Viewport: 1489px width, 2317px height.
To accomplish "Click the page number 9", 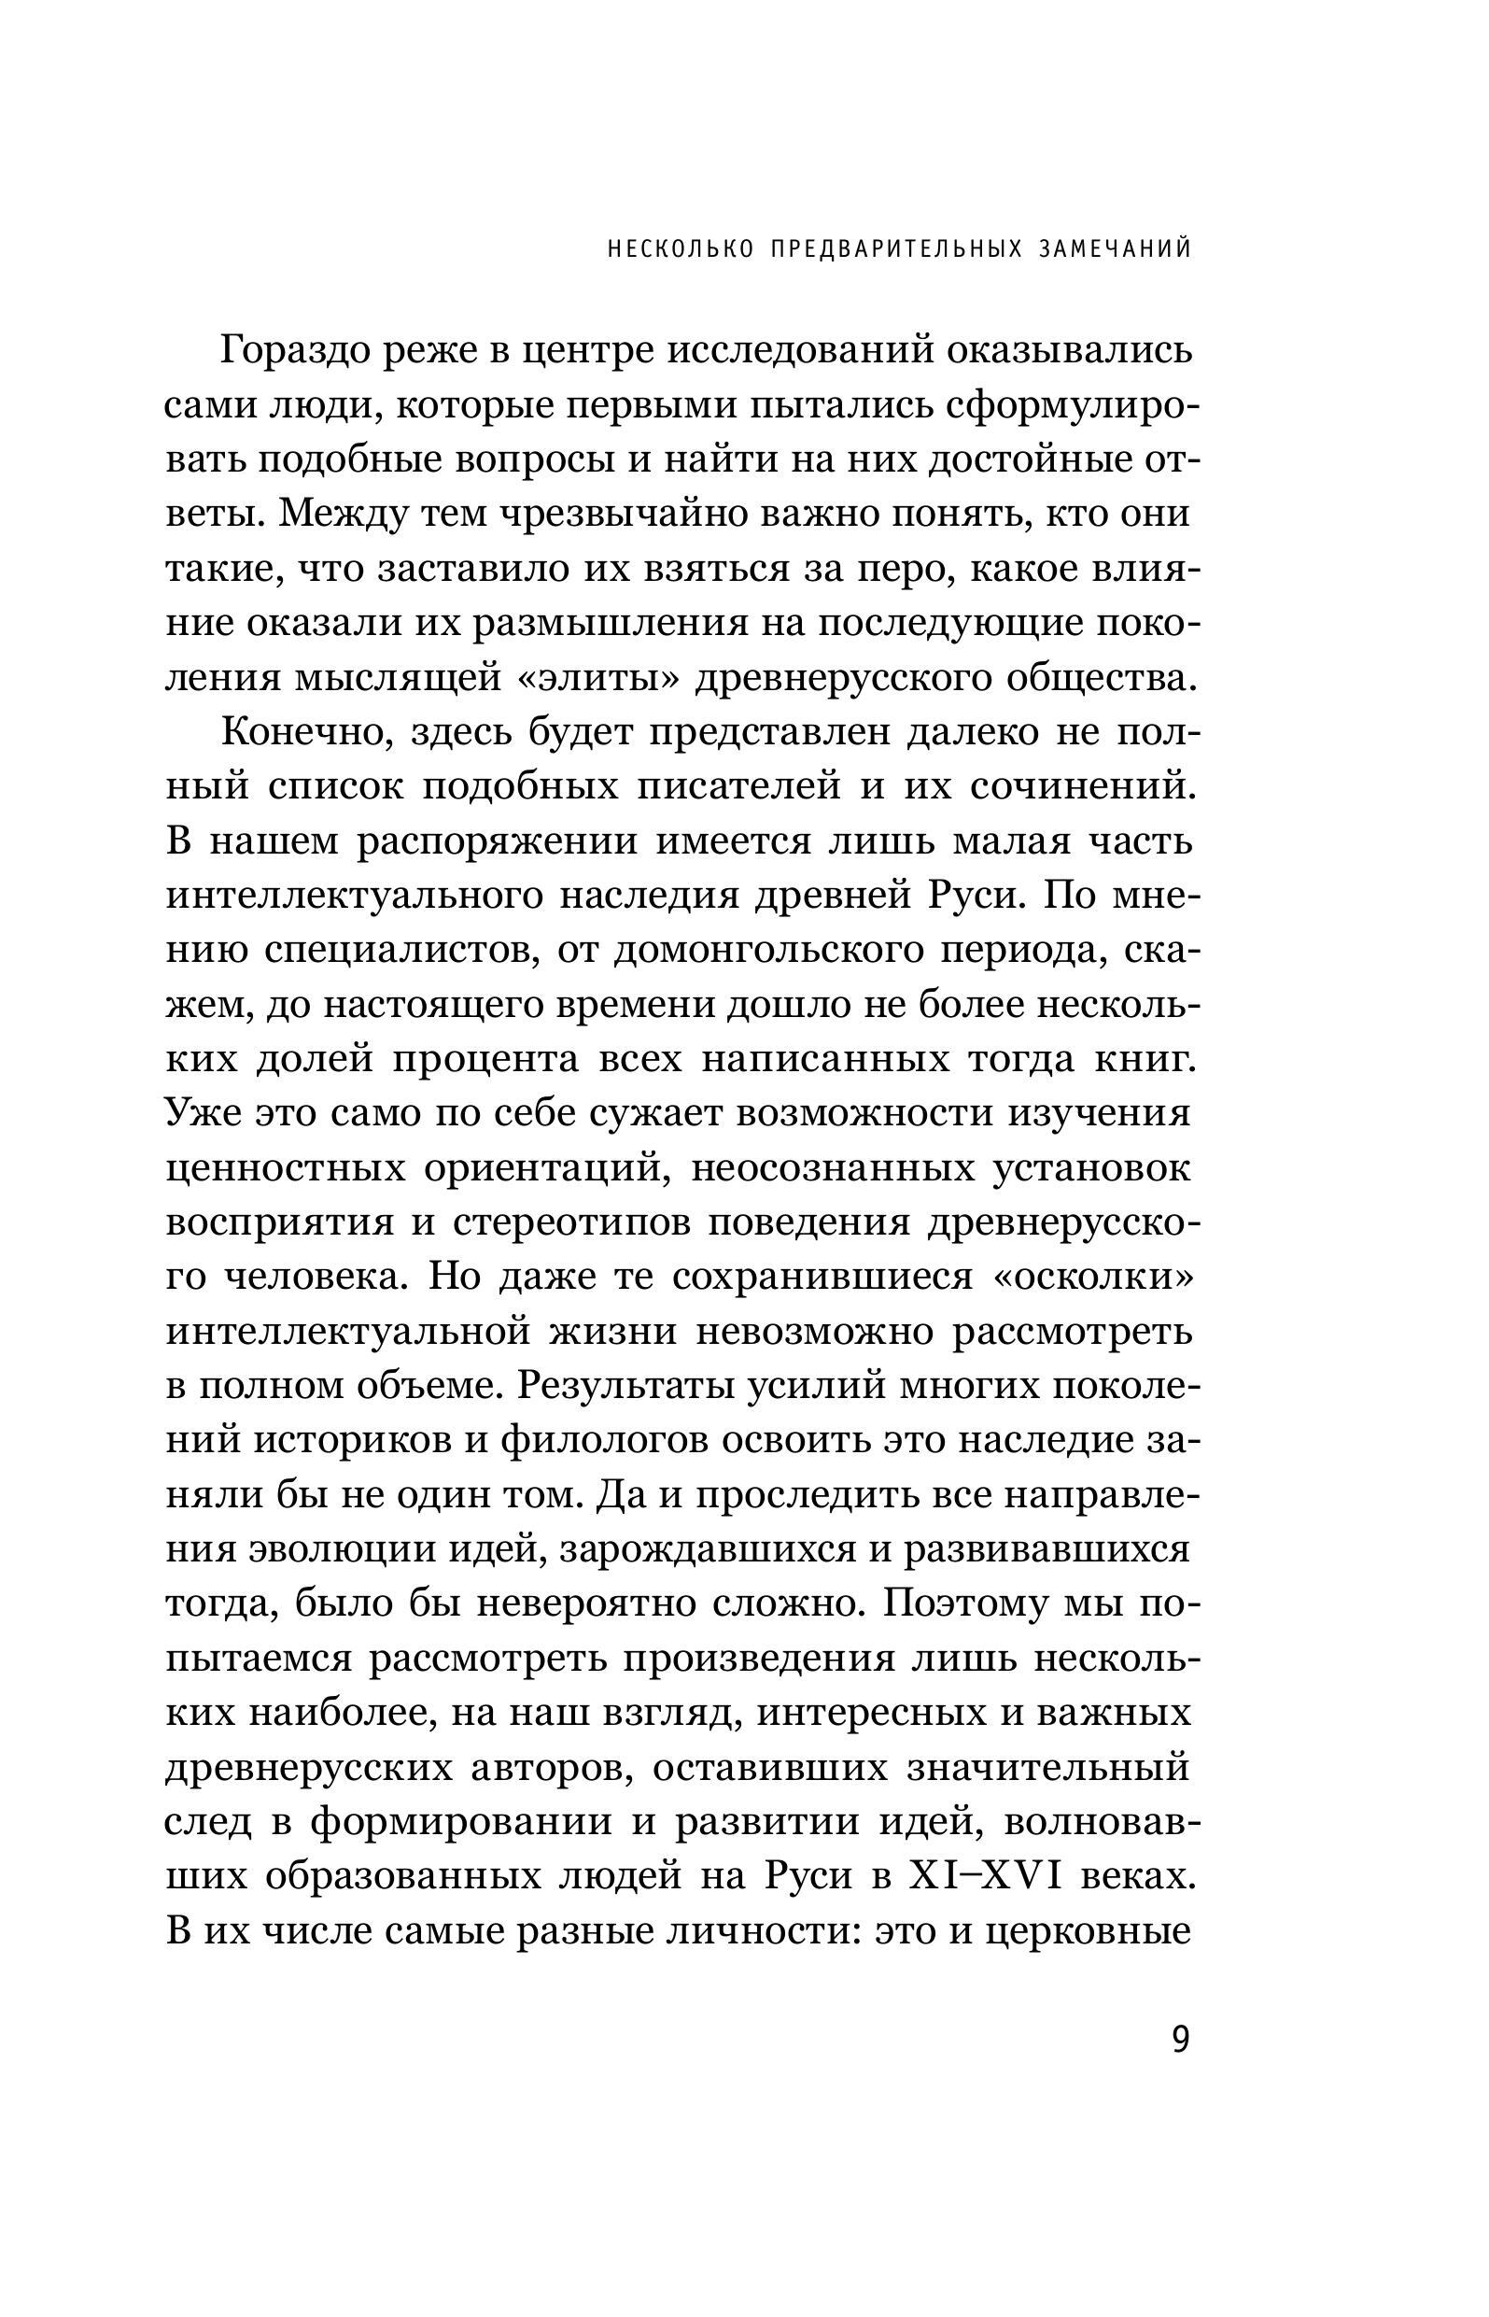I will pyautogui.click(x=1181, y=2040).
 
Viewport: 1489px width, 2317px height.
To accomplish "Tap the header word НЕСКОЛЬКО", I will pyautogui.click(x=681, y=249).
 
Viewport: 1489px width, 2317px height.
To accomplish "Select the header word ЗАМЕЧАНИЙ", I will pyautogui.click(x=1115, y=249).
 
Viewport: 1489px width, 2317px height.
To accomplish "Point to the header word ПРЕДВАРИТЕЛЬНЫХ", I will pyautogui.click(x=896, y=249).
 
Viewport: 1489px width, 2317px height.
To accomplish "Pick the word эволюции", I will pyautogui.click(x=338, y=1549).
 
